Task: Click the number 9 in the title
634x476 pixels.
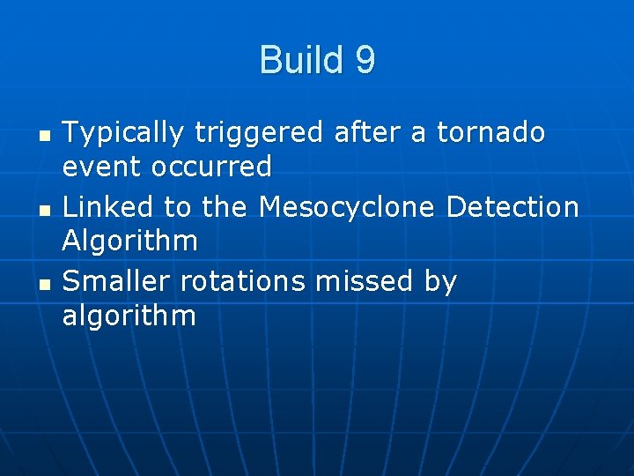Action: (x=365, y=61)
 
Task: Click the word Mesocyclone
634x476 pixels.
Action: (x=347, y=207)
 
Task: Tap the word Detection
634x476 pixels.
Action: (x=512, y=207)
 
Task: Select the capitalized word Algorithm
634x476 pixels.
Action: (x=130, y=240)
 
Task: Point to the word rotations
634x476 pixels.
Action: (x=242, y=281)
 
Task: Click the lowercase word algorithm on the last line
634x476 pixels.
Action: (x=129, y=315)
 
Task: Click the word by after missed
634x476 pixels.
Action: (x=440, y=282)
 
